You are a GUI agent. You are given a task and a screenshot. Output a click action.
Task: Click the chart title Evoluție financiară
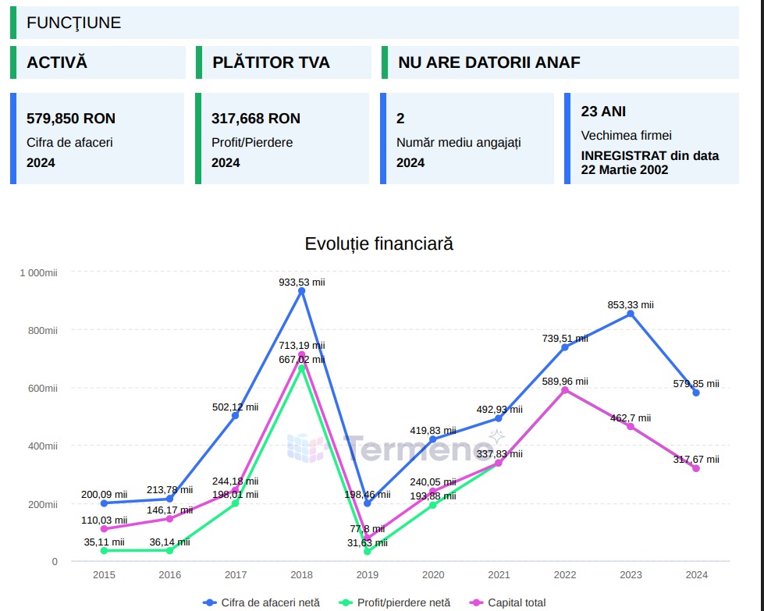378,243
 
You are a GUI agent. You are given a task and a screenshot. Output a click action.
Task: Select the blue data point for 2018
302,291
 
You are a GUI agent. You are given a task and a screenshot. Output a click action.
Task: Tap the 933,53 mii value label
301,282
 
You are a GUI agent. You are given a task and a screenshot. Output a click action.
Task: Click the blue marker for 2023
631,314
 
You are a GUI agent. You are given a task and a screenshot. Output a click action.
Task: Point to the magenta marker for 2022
565,390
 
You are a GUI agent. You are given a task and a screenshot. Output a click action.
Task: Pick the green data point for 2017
236,503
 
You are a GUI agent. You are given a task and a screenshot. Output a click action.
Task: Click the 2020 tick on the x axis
433,575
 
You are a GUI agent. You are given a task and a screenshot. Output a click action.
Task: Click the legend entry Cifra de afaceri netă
272,602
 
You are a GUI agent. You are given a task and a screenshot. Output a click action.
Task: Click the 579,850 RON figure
71,119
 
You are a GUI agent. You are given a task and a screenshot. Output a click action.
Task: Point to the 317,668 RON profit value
256,119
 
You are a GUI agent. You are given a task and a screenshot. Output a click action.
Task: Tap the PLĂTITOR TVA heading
271,62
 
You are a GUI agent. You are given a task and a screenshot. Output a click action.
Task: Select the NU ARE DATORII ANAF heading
489,62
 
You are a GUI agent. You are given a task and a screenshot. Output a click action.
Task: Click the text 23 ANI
603,112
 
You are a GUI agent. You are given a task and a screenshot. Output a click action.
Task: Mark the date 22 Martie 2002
624,169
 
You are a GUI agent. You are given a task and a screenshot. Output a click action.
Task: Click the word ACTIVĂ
57,62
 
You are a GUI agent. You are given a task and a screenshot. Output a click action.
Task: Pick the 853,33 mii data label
631,305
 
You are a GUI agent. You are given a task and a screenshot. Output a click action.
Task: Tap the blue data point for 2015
104,503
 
